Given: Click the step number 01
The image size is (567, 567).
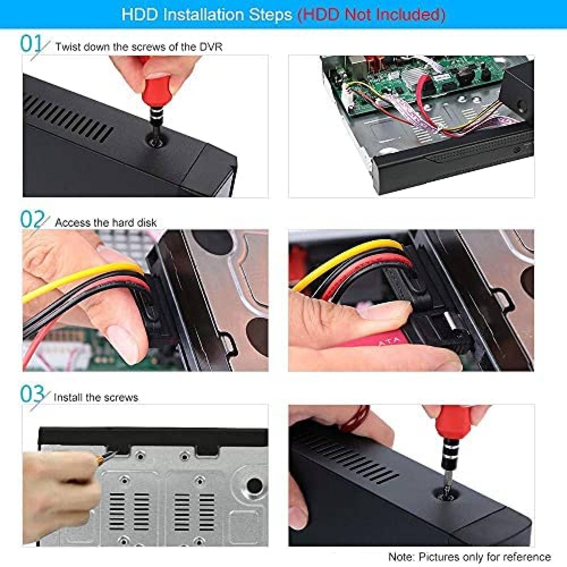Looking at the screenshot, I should pyautogui.click(x=31, y=44).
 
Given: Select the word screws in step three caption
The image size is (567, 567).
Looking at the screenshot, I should pyautogui.click(x=121, y=397).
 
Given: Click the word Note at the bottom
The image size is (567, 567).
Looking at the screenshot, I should pyautogui.click(x=402, y=557).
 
